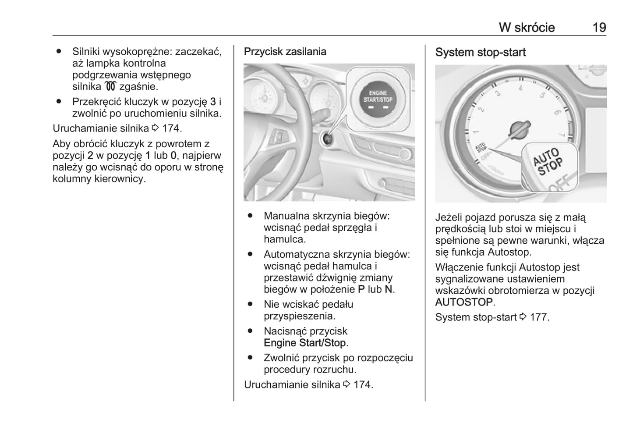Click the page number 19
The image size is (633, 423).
599,28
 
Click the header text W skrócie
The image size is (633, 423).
527,28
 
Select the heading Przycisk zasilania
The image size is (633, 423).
285,52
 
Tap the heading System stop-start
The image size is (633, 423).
480,53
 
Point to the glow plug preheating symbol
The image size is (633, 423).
109,86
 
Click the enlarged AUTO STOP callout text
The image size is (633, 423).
548,162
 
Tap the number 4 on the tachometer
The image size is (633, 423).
520,88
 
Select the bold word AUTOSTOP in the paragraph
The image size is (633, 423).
464,302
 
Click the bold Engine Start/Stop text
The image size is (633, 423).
305,343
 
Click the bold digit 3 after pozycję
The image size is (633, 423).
213,102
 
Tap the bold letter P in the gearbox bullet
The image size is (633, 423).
361,289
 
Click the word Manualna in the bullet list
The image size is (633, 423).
285,216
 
